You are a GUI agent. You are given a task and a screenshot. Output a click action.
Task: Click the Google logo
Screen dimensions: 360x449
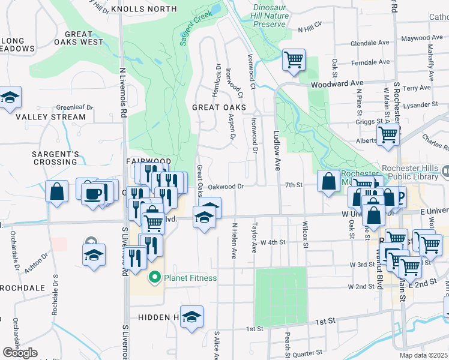(20, 352)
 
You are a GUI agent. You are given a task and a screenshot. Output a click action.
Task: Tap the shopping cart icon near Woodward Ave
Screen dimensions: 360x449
(294, 60)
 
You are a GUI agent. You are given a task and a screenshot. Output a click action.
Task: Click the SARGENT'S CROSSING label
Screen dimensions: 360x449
(55, 158)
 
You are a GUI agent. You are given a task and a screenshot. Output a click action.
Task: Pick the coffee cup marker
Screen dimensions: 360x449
(93, 193)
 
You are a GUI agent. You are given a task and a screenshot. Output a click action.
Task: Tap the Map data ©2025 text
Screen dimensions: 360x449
(424, 355)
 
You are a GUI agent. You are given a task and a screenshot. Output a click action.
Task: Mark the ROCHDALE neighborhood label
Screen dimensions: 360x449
(23, 288)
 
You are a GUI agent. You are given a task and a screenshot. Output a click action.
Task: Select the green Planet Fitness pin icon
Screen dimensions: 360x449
(155, 277)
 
